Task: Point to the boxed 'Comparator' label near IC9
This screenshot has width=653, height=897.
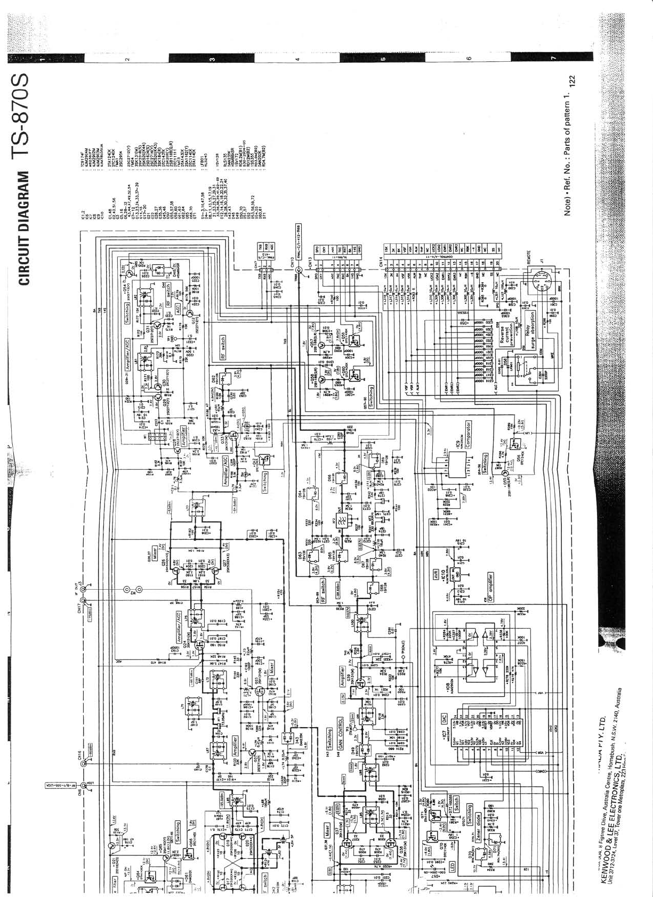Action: point(468,434)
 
